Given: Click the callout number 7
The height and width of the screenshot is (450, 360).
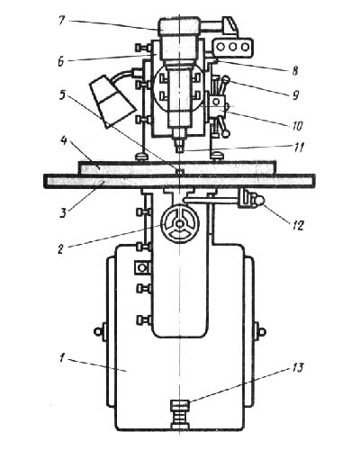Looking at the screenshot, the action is pos(61,21).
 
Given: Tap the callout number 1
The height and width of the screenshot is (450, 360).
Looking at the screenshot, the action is pos(61,357).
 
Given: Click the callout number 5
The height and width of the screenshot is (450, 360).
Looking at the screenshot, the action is pos(62,94).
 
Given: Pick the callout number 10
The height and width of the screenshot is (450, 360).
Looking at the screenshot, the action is pos(297,125).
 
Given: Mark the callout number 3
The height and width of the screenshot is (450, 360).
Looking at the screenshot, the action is pos(62,213).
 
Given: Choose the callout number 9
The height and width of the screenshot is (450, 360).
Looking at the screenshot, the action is pos(295,95).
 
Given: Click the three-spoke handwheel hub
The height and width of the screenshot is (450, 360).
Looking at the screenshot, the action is pos(179,224).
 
